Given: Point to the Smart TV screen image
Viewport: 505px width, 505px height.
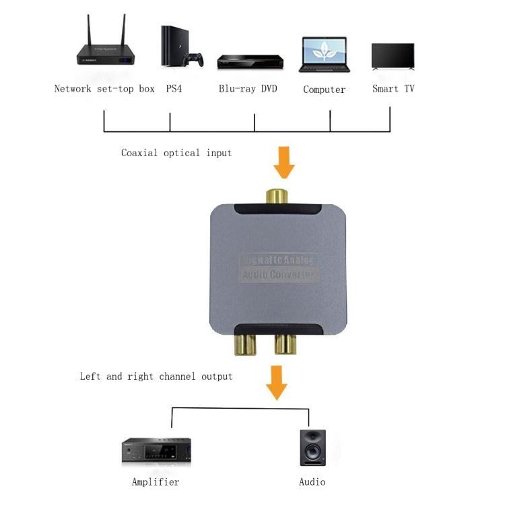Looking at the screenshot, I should click(393, 56).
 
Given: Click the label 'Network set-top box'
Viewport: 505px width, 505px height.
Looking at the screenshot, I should click(104, 89).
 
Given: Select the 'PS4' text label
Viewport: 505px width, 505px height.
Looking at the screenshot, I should click(174, 89).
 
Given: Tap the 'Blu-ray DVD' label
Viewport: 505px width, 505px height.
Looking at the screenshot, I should click(248, 89).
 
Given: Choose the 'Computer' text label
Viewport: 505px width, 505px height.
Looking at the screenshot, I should click(324, 90).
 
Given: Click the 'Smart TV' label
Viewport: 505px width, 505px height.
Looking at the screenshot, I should click(393, 89).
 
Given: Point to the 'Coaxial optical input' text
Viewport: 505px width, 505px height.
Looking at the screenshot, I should click(176, 153).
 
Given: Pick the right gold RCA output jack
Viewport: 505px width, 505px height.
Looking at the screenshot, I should click(285, 345).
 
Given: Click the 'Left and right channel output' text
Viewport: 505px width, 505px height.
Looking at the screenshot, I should click(156, 376).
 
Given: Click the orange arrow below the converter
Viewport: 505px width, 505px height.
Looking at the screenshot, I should click(276, 382).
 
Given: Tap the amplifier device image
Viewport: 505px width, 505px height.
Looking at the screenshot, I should click(156, 450).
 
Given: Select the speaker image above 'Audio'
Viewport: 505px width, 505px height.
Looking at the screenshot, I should click(313, 448).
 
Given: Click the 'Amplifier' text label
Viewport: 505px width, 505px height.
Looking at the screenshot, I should click(156, 482).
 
